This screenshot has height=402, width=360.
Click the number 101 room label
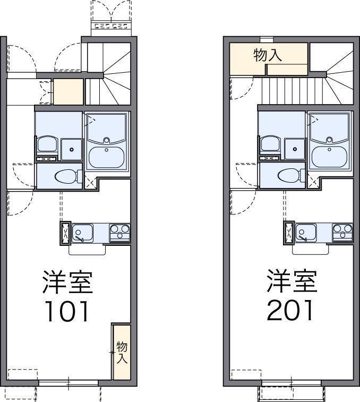(67, 312)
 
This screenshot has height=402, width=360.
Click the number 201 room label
(290, 312)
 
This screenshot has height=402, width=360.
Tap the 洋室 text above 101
(68, 282)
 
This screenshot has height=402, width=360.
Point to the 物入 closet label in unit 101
(122, 352)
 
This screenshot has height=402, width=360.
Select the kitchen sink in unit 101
(82, 232)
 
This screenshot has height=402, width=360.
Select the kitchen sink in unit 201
(306, 232)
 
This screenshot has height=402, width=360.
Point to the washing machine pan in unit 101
(71, 149)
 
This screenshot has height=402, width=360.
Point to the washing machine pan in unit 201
(294, 149)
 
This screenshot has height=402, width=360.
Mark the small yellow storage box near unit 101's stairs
(69, 91)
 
